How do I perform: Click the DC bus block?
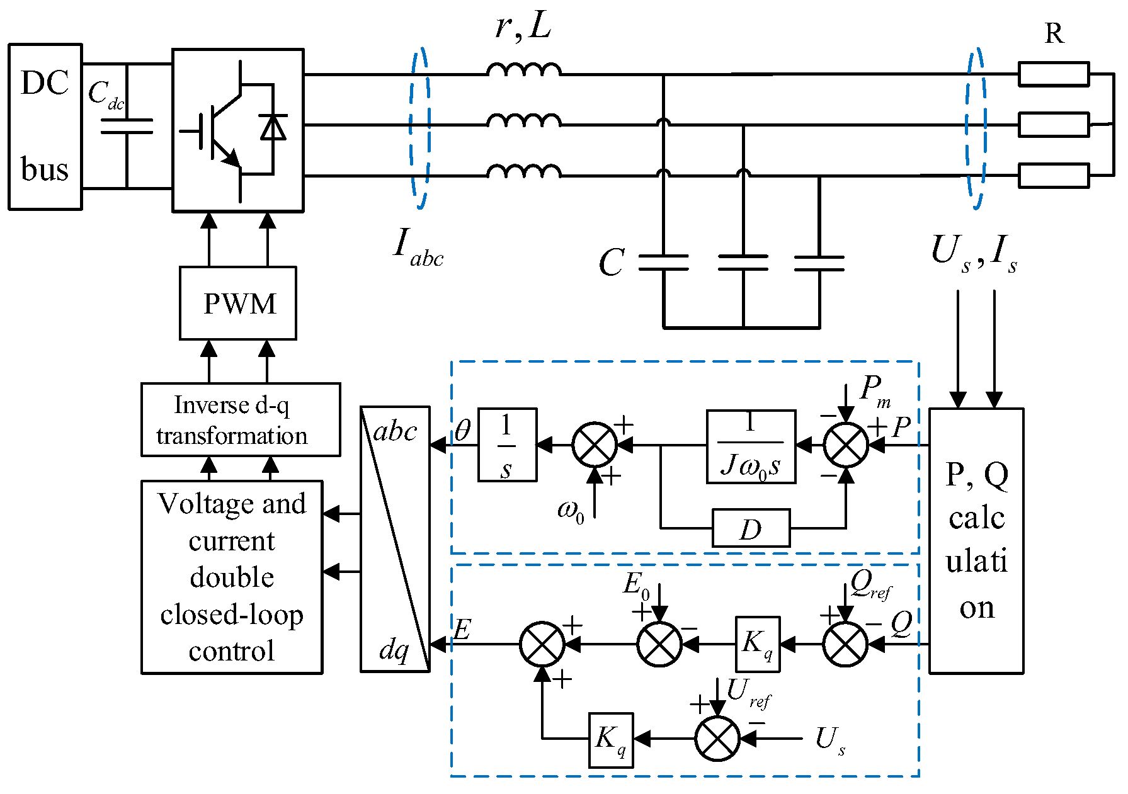45,127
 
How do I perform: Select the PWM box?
238,303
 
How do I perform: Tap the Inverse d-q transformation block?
241,420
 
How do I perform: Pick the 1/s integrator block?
507,445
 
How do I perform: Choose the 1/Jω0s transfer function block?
751,446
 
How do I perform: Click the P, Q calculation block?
976,541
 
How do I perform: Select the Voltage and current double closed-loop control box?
232,577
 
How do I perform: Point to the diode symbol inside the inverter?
273,127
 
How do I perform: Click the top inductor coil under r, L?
523,69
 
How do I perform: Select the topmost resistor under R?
1053,74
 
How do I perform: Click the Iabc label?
417,247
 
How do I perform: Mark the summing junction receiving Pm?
846,445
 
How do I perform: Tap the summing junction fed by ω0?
595,445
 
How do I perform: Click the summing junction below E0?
659,644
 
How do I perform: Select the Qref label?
870,585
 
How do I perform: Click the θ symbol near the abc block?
462,431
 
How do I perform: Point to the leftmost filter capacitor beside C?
663,263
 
